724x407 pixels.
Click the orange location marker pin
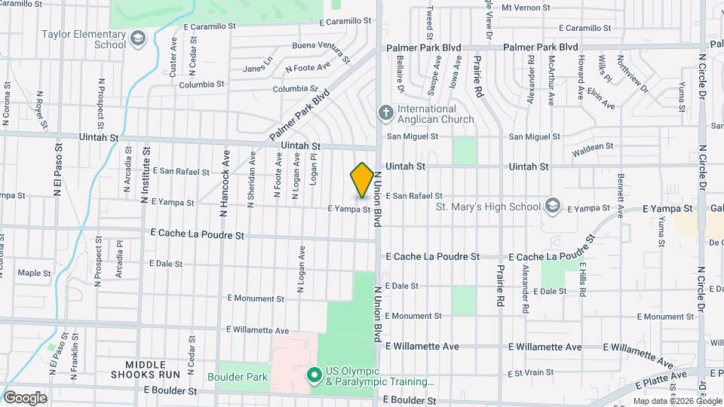click(362, 180)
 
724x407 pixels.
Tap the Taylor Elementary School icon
click(137, 38)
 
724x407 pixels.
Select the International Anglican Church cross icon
click(385, 114)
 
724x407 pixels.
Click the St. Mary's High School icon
click(552, 207)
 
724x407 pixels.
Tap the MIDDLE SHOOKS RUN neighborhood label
click(143, 369)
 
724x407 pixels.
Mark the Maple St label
click(33, 273)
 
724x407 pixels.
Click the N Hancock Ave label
click(224, 185)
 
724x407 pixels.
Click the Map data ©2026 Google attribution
click(676, 401)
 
